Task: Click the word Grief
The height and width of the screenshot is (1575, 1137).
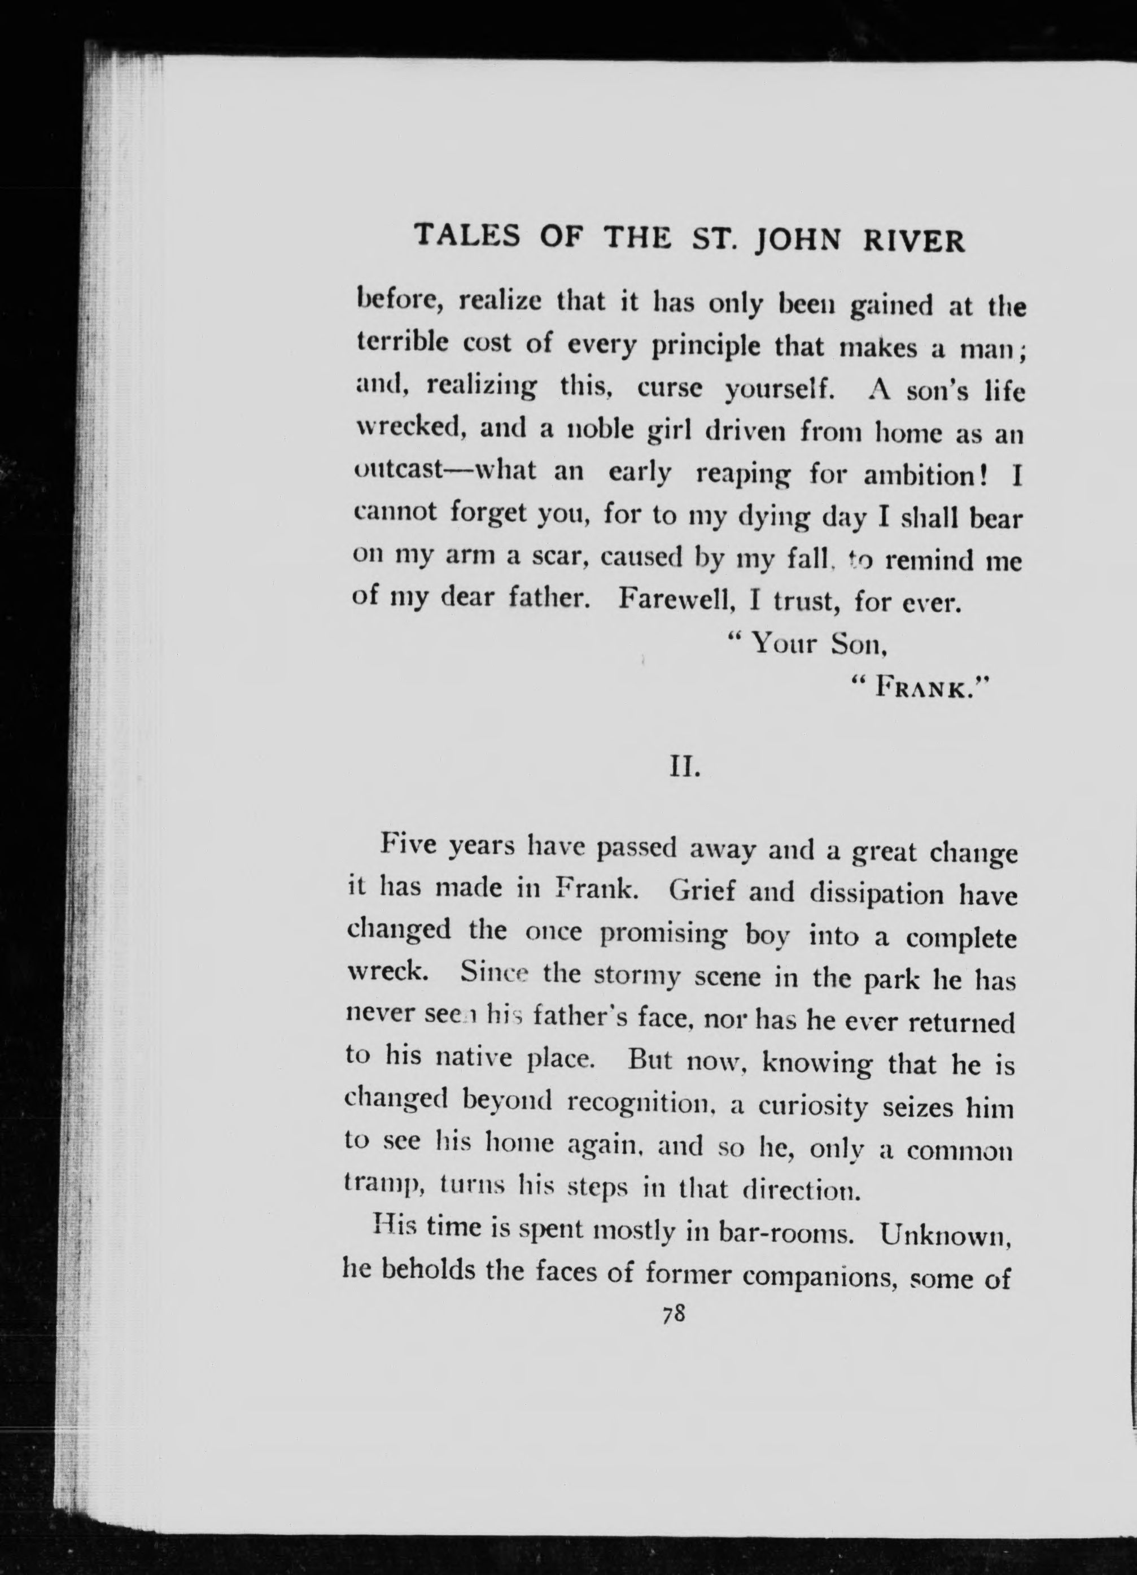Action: [x=701, y=891]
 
